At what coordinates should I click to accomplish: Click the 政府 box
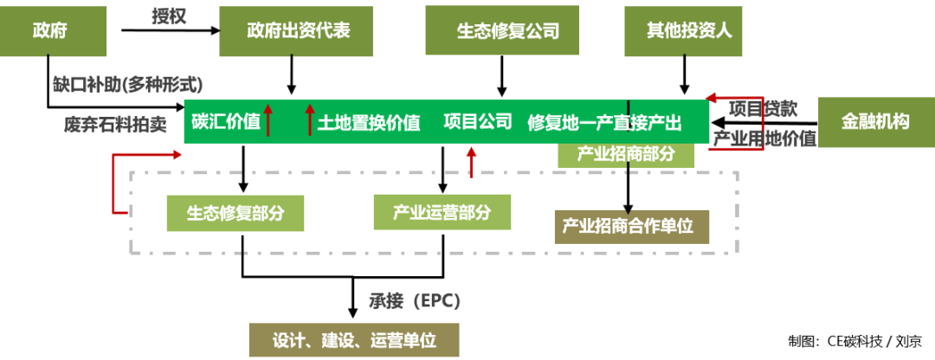(53, 32)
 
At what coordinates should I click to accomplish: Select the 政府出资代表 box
(296, 31)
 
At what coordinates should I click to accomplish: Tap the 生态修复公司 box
(508, 31)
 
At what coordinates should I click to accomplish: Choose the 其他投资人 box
(689, 31)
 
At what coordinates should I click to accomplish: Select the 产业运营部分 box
(442, 212)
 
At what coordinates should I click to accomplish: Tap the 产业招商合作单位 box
(631, 227)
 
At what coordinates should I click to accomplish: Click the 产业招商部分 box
(626, 154)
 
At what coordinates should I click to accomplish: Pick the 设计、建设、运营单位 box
(353, 340)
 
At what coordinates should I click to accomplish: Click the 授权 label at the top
(169, 16)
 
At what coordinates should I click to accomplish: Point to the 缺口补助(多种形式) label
(126, 85)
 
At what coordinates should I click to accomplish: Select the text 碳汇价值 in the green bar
(226, 122)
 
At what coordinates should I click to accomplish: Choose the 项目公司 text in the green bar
(478, 122)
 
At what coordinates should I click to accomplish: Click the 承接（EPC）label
(414, 301)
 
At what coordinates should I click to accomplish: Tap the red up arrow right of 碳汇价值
(268, 120)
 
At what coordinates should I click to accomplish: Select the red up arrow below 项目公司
(472, 161)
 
